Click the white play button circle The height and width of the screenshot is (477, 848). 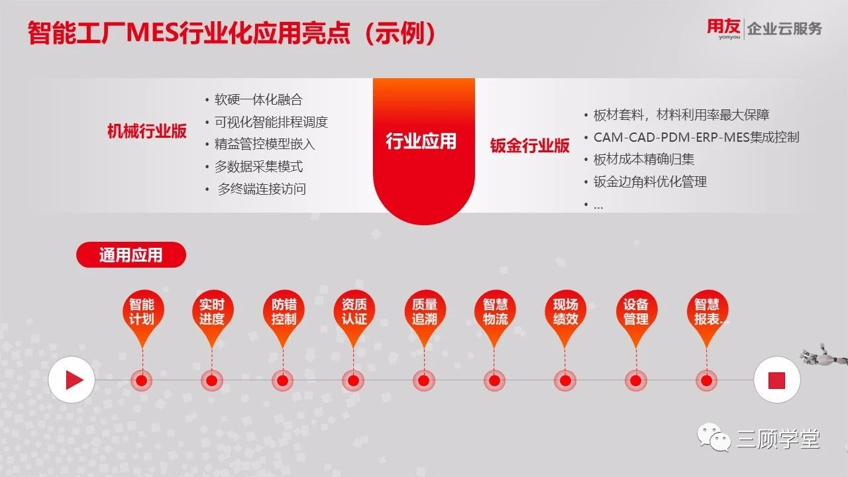[72, 380]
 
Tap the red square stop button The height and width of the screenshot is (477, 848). [776, 380]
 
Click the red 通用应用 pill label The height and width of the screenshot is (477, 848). [131, 255]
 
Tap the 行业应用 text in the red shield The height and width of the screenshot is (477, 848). [421, 141]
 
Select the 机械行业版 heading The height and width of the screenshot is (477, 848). [147, 131]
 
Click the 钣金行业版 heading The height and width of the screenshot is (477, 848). [529, 145]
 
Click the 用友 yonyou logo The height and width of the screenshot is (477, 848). [723, 28]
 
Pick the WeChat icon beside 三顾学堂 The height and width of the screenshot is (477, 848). [714, 437]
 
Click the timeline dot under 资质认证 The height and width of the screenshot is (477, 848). [353, 380]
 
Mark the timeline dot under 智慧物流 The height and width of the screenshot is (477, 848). [494, 380]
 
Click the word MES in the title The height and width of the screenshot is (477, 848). [152, 32]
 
